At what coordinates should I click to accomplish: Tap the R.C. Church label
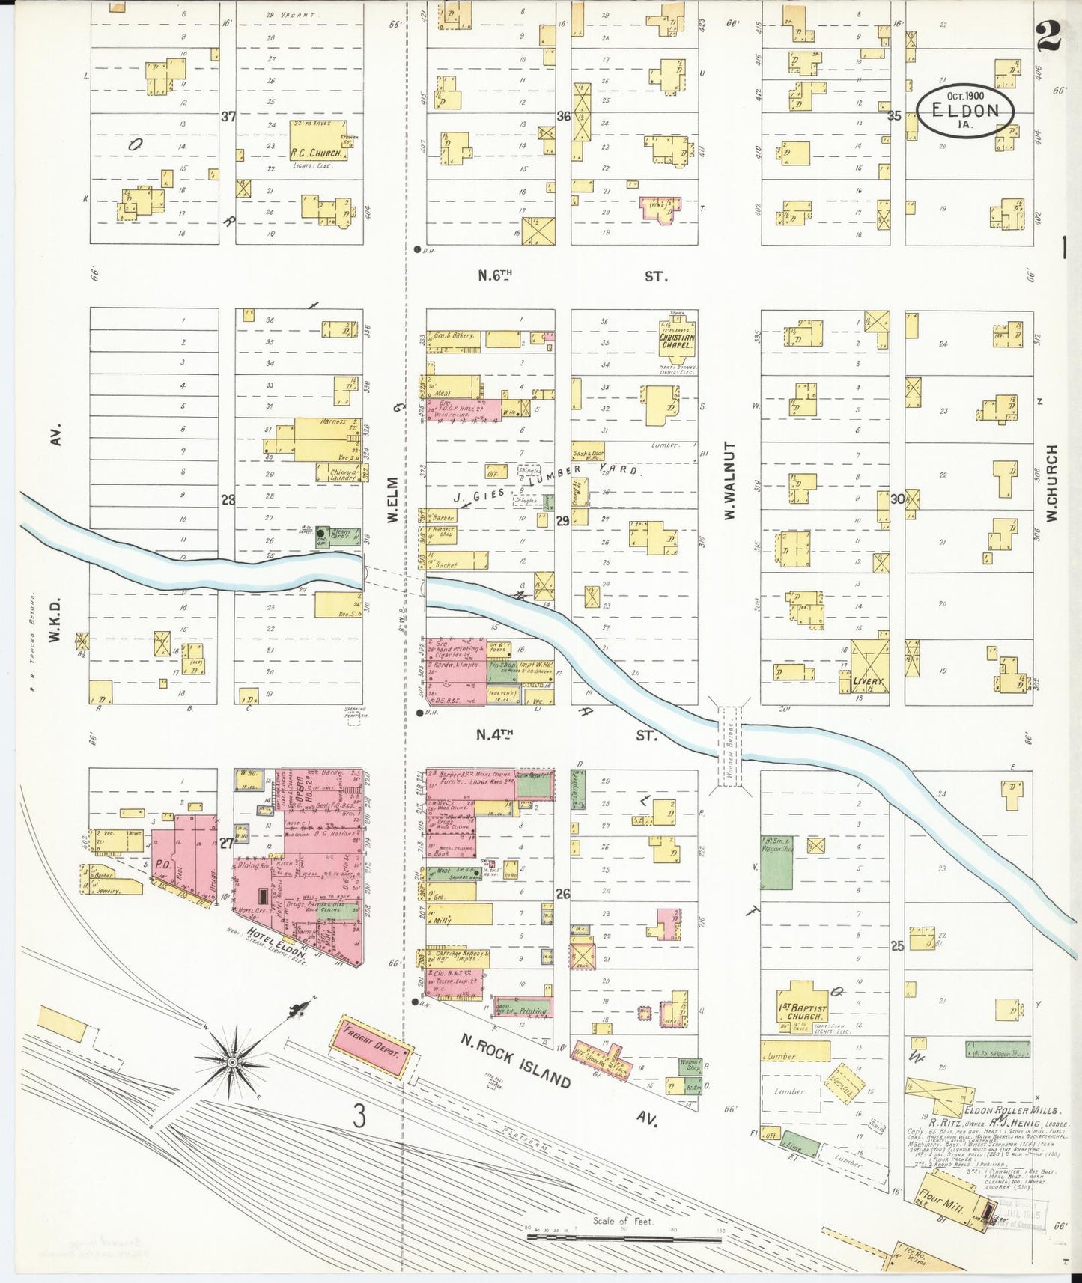[x=317, y=153]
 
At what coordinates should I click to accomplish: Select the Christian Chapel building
[x=676, y=341]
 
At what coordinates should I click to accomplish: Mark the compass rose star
[x=233, y=1061]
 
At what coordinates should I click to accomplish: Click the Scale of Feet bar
[x=623, y=1237]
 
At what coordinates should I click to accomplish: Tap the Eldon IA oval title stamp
[x=965, y=110]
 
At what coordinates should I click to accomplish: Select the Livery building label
[x=867, y=682]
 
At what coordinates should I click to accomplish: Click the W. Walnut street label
[x=729, y=480]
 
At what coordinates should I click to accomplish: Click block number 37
[x=228, y=117]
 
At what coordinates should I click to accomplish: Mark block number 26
[x=562, y=893]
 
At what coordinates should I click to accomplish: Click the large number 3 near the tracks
[x=359, y=1118]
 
